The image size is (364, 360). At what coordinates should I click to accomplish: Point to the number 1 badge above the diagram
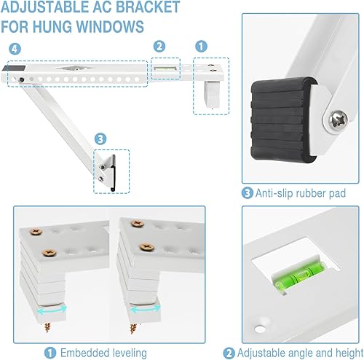202,45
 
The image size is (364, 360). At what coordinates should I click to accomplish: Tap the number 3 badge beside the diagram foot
100,137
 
